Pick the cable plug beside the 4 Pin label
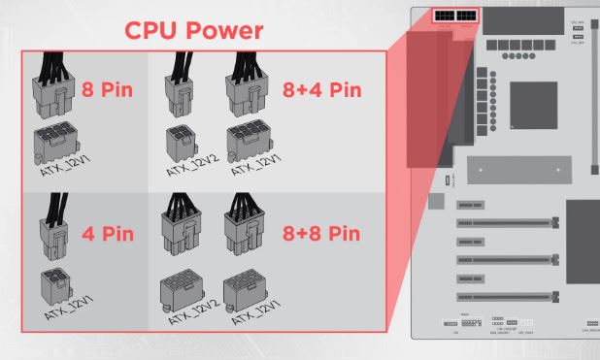tap(54, 227)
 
